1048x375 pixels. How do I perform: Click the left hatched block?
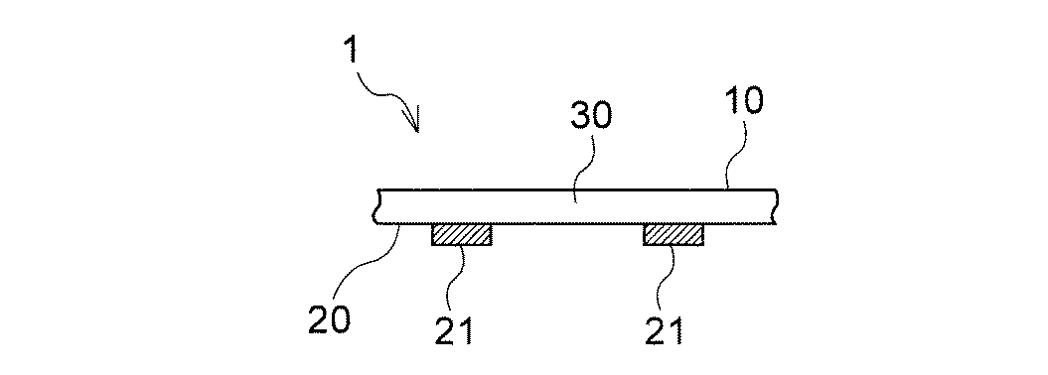coord(462,235)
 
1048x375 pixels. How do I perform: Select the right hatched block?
coord(674,235)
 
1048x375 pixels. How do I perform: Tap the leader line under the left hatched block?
coord(459,273)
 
